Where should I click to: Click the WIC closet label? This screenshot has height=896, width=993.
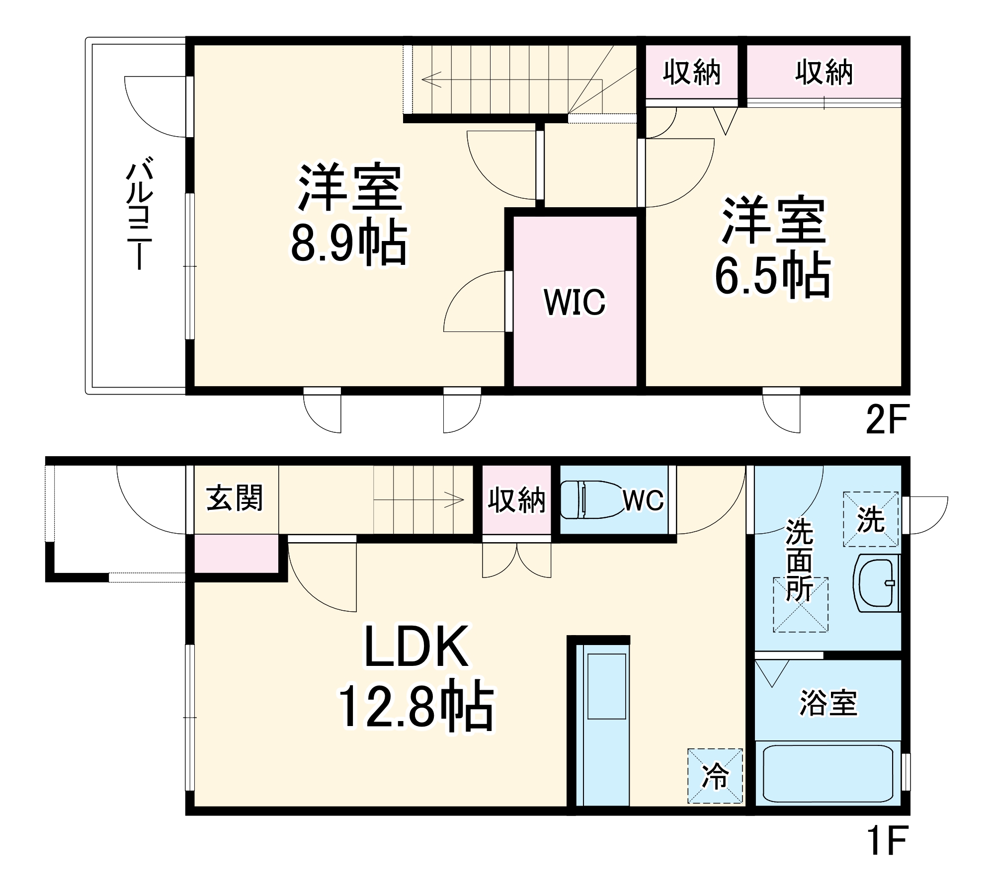(x=575, y=302)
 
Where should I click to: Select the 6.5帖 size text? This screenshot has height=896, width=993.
(x=772, y=276)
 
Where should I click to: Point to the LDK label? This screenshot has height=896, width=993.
(x=416, y=647)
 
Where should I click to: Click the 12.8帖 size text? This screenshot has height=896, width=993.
(x=416, y=708)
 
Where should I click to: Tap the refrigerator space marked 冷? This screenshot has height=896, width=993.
(x=715, y=776)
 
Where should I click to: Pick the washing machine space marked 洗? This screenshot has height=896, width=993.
(x=870, y=519)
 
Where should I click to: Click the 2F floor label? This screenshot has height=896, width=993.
(x=887, y=420)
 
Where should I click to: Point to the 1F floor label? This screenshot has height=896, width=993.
(x=887, y=839)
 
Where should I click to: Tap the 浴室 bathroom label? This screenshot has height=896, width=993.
(x=828, y=703)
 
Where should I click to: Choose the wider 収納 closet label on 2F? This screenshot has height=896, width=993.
(x=824, y=73)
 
